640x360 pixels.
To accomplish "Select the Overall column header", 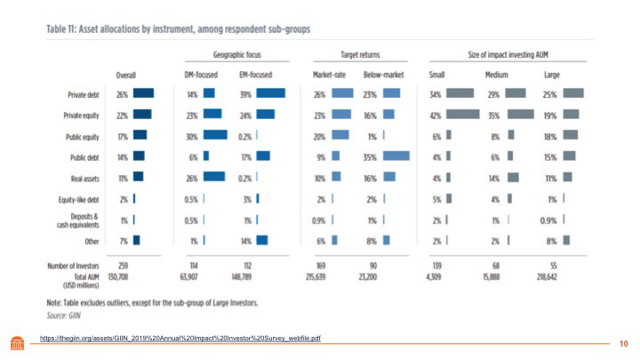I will (125, 75).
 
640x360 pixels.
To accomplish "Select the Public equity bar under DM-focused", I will (215, 134).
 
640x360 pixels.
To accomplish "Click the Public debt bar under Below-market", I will (396, 156).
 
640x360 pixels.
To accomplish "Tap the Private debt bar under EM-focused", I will (270, 93).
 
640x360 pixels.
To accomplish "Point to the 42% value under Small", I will (436, 114).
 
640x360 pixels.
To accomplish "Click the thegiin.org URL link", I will (179, 339).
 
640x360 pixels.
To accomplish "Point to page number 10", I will (623, 342).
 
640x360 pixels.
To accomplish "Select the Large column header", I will (551, 75).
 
